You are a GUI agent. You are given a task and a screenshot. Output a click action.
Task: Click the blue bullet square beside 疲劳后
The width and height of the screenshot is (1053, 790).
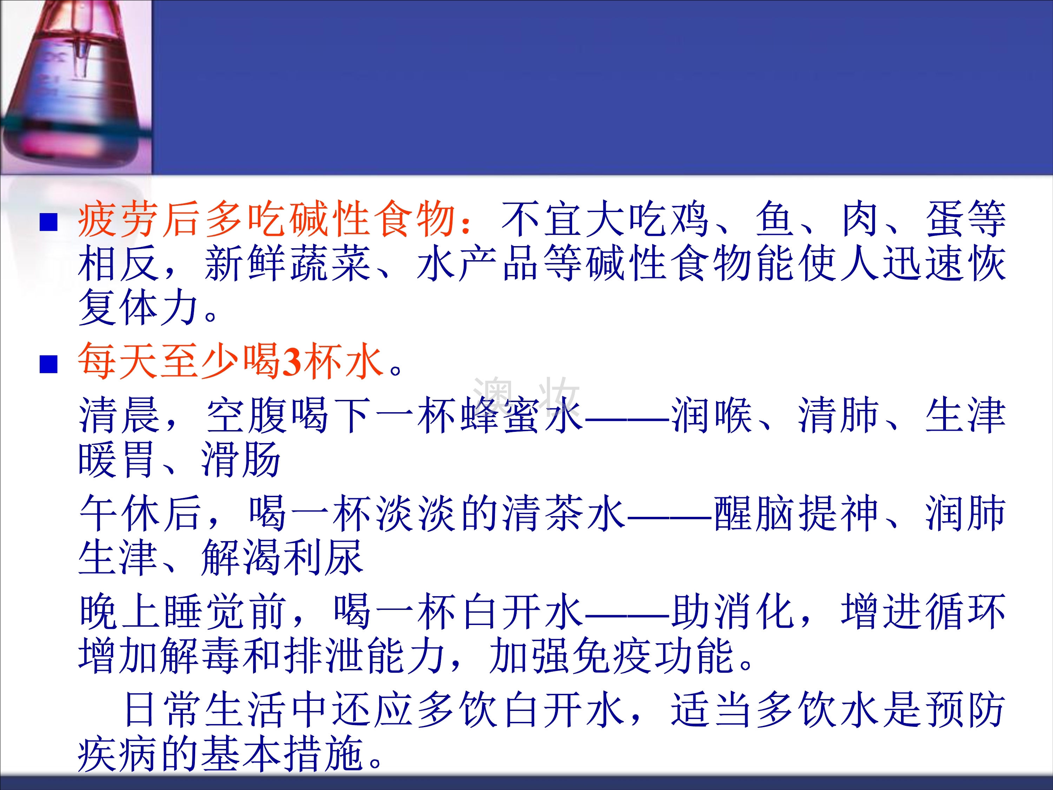[48, 222]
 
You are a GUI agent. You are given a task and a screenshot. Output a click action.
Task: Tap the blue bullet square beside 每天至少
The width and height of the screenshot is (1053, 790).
[48, 364]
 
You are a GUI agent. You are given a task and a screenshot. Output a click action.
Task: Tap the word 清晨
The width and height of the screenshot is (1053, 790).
[119, 415]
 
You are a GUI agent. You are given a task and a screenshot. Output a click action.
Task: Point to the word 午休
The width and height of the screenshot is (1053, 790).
[119, 513]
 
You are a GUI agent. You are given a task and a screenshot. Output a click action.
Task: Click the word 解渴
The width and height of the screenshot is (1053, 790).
[241, 558]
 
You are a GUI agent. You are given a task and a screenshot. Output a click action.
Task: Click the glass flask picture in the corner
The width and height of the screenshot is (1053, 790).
[76, 87]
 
